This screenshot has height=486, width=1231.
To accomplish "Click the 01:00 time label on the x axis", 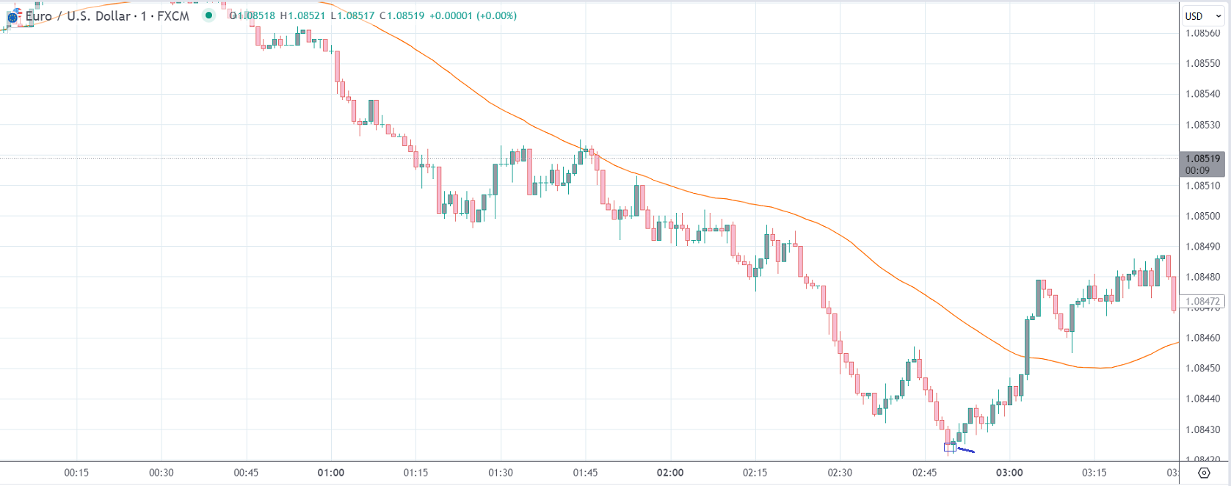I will point(331,473).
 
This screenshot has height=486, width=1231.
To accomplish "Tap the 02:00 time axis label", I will point(670,473).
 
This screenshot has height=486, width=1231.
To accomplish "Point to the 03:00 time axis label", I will point(1009,473).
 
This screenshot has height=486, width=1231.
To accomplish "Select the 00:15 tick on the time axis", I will point(76,473).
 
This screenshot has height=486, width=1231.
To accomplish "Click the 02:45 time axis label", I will point(924,473).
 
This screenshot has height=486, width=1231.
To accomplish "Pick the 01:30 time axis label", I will point(501,473).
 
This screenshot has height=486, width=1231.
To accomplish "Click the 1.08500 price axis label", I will point(1202,217).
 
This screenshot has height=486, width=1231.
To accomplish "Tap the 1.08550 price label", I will point(1202,64).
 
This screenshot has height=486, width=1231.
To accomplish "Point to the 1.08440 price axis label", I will point(1202,399).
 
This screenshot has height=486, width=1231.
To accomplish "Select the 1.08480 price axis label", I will point(1202,278).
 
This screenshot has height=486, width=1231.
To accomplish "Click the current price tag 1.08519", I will point(1202,159).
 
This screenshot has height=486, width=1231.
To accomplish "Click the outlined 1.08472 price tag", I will point(1202,302).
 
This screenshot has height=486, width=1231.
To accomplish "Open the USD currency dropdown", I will point(1202,16).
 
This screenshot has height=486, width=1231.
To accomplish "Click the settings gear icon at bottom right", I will point(1204,473).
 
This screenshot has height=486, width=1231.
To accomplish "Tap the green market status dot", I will point(209,15).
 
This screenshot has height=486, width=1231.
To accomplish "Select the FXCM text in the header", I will point(173,16).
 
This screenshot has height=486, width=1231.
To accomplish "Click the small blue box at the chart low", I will point(950,447).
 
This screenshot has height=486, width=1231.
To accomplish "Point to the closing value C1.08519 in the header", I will point(402,15).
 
